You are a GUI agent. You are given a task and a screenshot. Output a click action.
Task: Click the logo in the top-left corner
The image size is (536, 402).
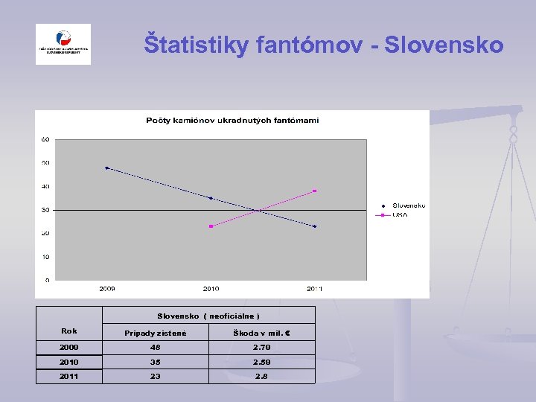63,44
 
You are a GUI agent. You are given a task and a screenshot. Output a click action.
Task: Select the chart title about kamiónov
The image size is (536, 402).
232,121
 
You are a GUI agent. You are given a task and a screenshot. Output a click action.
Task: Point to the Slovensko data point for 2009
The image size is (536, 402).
106,168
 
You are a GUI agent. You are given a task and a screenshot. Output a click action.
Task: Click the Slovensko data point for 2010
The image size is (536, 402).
211,198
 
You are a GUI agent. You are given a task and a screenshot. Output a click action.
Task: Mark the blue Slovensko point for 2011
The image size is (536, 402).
315,226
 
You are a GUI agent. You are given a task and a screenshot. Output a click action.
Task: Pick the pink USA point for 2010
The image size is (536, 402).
211,226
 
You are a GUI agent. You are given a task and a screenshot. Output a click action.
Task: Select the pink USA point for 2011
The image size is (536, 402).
315,191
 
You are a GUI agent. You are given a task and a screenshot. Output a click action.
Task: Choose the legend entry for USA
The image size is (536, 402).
400,214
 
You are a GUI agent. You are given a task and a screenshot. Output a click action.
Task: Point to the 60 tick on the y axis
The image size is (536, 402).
45,139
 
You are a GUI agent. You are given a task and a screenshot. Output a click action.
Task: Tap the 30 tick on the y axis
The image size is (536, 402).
45,210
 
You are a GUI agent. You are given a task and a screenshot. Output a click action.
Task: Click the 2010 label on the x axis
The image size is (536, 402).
211,288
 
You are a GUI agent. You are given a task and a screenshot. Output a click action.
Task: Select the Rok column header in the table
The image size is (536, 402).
68,331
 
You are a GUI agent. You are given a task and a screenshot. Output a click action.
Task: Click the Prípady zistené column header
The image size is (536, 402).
155,333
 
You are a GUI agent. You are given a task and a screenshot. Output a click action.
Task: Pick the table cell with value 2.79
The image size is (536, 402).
261,347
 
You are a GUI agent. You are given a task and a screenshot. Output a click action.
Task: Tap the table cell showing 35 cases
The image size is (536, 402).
155,362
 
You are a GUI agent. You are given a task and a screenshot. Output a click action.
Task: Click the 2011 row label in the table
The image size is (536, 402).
68,377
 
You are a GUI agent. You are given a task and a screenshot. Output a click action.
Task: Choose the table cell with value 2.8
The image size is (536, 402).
261,377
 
